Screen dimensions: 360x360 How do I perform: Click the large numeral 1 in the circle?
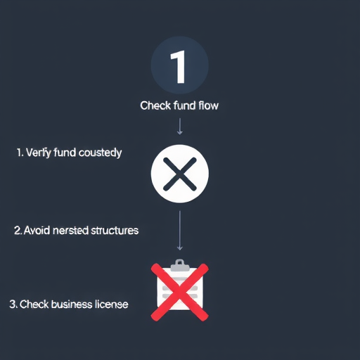click(179, 67)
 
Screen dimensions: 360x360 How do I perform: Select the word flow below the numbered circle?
click(208, 105)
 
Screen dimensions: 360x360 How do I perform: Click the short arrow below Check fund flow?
click(180, 127)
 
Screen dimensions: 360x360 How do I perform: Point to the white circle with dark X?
click(180, 174)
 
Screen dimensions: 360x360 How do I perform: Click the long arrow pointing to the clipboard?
click(180, 231)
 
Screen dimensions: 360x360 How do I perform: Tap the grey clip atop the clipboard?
click(180, 266)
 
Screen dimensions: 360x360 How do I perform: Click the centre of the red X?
click(180, 292)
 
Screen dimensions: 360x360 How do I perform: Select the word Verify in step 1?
click(39, 153)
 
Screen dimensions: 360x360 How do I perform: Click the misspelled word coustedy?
click(100, 153)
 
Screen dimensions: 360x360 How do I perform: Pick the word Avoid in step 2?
click(37, 231)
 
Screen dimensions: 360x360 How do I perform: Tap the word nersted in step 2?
click(70, 231)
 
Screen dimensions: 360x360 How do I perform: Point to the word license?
click(112, 304)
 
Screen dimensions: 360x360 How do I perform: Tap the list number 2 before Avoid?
click(18, 231)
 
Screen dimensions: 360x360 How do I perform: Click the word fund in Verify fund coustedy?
click(65, 153)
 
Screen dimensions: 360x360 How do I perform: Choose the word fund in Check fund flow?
click(184, 105)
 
